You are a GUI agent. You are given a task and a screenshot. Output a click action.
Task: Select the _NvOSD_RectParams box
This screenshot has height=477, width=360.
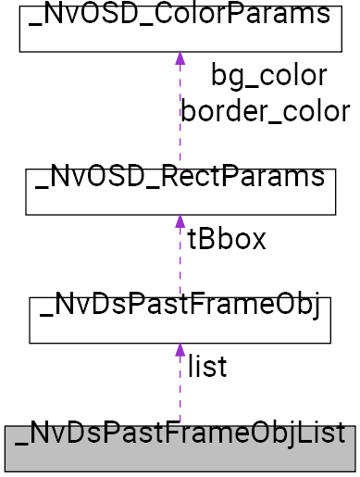click(180, 191)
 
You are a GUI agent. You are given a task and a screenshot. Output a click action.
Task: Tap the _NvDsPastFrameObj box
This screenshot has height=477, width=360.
click(180, 320)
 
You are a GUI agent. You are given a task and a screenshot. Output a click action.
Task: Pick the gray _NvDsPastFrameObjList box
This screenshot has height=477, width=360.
click(180, 448)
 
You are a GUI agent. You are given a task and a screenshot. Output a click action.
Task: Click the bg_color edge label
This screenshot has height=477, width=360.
click(268, 75)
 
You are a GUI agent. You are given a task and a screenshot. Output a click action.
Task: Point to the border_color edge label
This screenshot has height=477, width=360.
click(266, 111)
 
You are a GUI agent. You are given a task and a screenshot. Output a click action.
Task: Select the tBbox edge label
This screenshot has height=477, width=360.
click(227, 240)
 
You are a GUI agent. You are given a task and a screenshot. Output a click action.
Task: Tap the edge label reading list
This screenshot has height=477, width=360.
click(207, 367)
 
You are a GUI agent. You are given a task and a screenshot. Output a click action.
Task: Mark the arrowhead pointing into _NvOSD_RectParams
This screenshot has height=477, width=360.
click(180, 223)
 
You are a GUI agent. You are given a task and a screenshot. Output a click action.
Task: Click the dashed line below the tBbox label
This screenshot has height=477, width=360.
click(180, 278)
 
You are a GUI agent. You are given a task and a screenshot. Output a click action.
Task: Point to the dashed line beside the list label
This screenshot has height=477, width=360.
click(180, 389)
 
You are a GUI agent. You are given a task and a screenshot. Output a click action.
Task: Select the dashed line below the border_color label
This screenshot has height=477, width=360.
click(180, 148)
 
